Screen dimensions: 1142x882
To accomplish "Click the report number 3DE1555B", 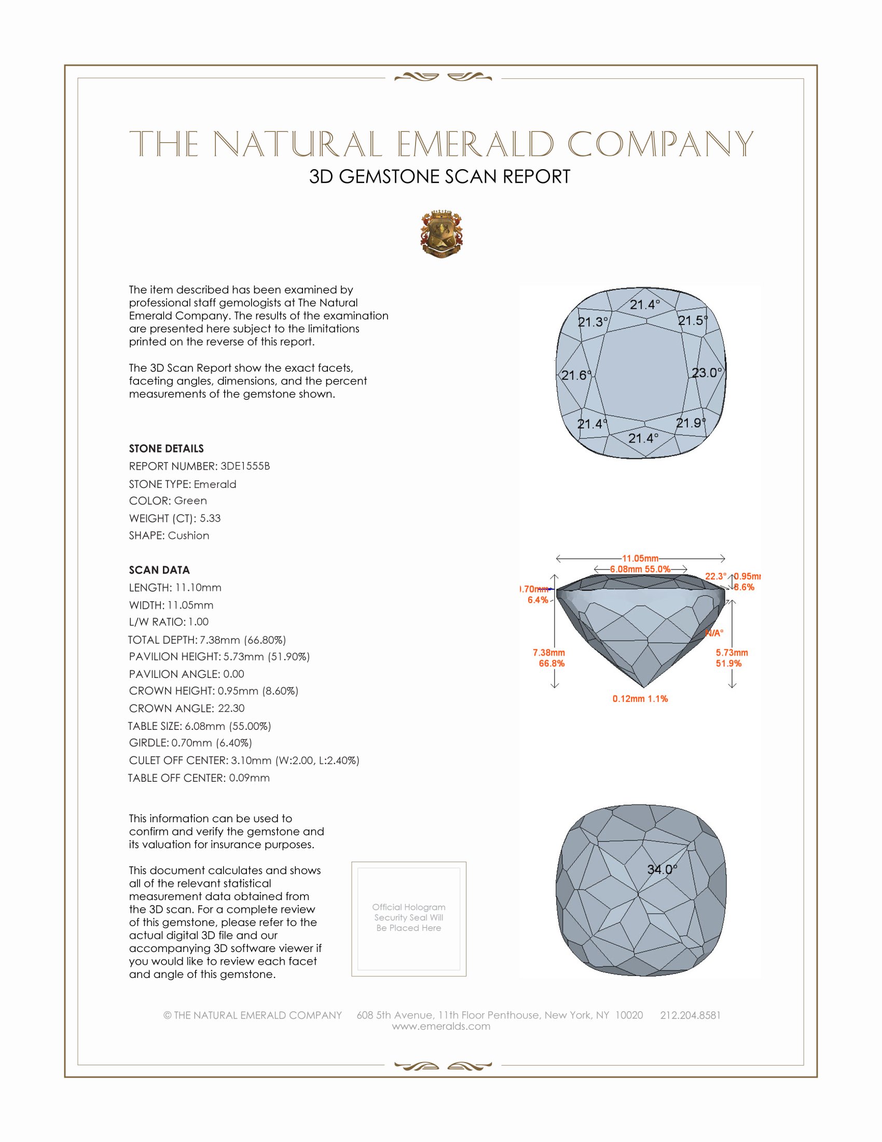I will click(245, 466).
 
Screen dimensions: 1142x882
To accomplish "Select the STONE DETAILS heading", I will click(166, 448).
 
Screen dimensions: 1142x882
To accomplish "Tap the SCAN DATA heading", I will click(159, 570).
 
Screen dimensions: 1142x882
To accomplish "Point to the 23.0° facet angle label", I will click(707, 373).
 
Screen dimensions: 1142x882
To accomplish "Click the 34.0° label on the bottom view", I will click(662, 869).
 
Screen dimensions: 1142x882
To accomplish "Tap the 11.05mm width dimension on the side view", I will click(640, 559).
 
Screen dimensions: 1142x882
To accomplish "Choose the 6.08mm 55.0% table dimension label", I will click(640, 569).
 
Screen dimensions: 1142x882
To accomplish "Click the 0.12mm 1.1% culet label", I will click(640, 699).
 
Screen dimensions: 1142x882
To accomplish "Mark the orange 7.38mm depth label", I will click(548, 652).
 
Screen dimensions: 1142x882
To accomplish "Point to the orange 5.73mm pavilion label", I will click(732, 652).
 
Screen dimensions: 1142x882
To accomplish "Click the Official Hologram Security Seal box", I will click(409, 919).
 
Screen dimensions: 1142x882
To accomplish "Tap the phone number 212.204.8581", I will click(690, 1015).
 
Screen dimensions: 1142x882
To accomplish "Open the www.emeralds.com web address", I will click(441, 1026).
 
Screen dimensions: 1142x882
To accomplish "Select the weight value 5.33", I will click(210, 518).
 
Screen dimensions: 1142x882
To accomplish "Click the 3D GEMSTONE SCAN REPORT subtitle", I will click(439, 176).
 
